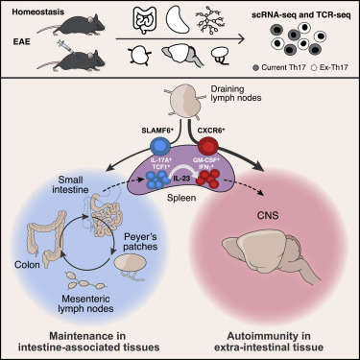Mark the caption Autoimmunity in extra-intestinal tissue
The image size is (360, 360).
[x=272, y=340]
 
